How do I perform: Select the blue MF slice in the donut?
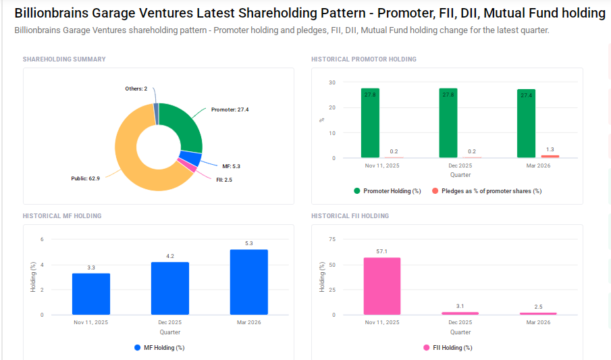(x=192, y=159)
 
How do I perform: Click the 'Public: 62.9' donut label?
(x=85, y=179)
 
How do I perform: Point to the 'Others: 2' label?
(x=136, y=88)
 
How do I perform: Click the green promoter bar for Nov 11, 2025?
(x=370, y=123)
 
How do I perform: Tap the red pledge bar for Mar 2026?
(x=550, y=157)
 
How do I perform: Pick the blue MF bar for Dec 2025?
(x=170, y=288)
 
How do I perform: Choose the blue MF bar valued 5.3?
(x=248, y=282)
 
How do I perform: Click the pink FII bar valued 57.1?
(x=381, y=286)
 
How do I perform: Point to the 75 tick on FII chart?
(x=331, y=239)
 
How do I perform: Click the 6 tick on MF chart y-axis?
(x=42, y=239)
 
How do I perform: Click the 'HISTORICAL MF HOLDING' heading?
(x=62, y=216)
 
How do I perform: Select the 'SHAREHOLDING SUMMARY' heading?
(x=64, y=59)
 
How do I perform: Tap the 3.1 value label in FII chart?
(x=460, y=306)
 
